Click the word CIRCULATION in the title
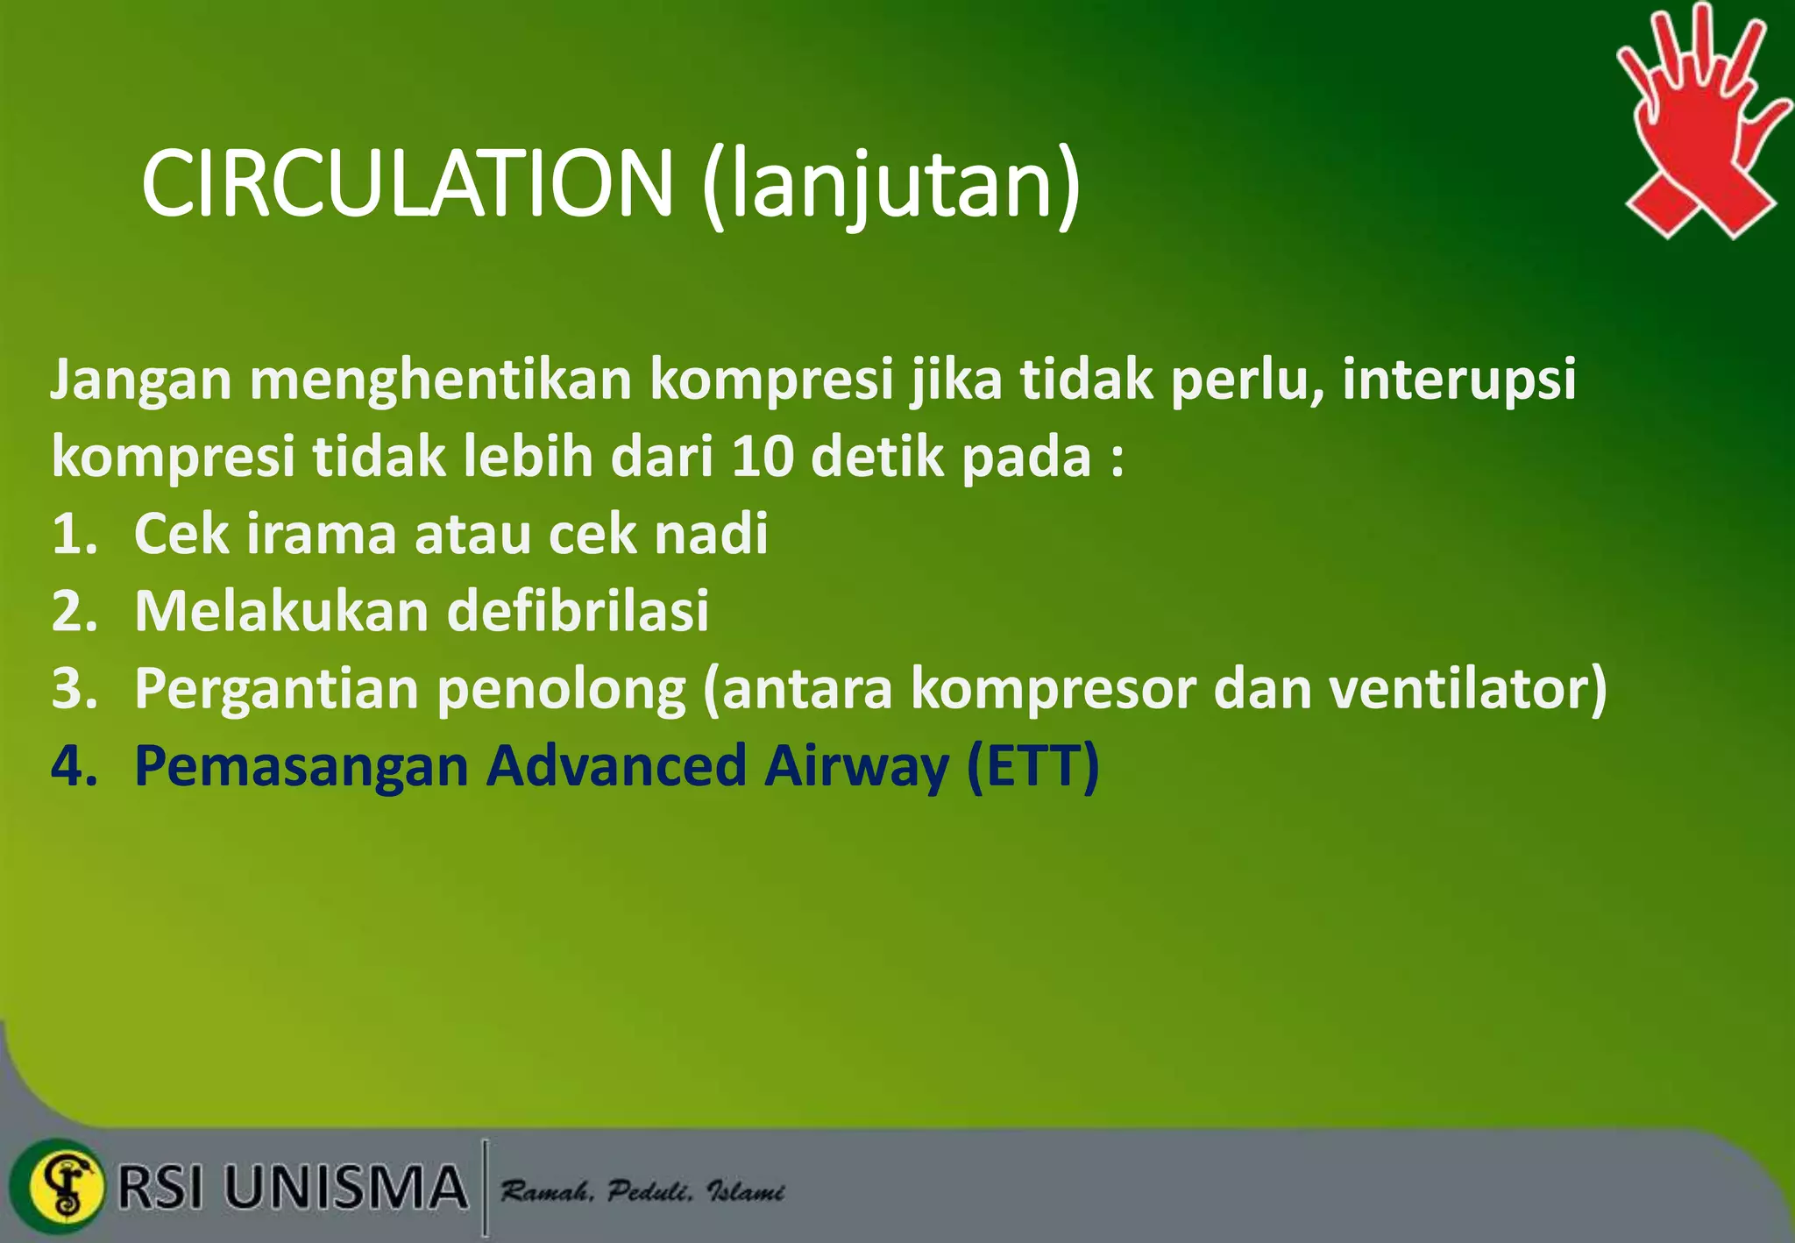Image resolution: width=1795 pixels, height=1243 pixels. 406,184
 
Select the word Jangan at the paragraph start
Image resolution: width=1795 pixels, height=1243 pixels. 140,380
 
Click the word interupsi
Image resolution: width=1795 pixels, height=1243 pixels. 1458,380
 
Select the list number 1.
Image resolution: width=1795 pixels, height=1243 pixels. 73,534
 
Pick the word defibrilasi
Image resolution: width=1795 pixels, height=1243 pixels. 578,611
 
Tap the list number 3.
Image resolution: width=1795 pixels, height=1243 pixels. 73,688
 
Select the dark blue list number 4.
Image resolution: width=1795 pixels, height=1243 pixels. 73,765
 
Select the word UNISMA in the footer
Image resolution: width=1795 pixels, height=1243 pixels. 345,1188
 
